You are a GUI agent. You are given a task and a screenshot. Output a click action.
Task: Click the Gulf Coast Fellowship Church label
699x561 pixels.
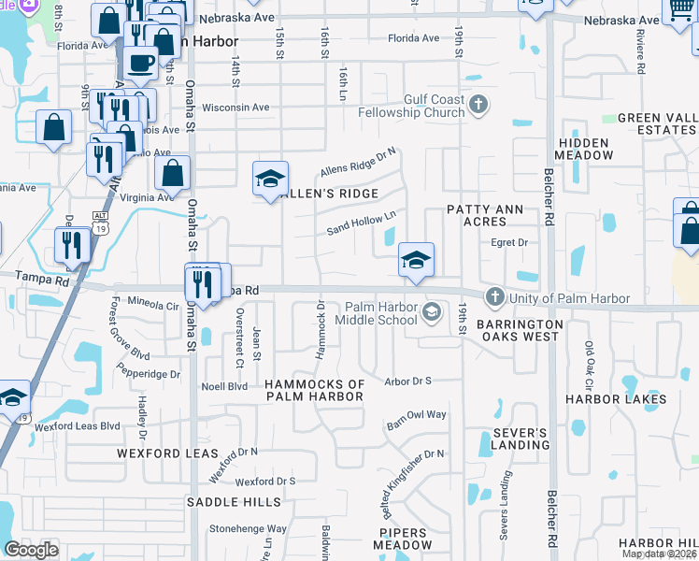coord(434,106)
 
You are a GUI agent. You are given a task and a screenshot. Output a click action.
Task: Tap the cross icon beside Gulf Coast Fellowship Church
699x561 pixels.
coord(479,103)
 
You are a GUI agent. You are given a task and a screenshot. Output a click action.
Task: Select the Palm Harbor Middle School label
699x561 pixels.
coord(381,312)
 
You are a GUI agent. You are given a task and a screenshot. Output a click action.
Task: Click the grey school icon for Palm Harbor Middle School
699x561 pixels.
coord(432,311)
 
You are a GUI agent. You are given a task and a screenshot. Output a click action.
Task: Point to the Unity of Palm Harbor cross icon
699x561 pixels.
coord(493,297)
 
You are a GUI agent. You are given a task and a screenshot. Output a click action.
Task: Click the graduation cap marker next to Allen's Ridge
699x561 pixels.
coord(270,179)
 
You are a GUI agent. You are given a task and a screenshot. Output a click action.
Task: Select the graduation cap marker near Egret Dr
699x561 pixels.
coord(416,258)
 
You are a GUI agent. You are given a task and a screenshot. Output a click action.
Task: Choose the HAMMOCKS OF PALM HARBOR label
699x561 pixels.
coord(315,390)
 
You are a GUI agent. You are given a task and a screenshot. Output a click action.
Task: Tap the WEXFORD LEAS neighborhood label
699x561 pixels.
coord(153,453)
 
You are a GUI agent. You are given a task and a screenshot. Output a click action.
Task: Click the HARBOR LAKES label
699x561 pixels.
coord(615,399)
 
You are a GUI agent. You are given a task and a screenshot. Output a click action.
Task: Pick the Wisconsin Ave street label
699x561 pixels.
coord(235,108)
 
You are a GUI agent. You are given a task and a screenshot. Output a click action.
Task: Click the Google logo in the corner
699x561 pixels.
coord(32,550)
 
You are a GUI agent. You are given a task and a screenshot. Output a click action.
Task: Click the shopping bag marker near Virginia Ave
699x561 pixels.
coord(173,172)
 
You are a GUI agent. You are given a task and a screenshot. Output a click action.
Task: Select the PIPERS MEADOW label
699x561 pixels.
coord(404,539)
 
